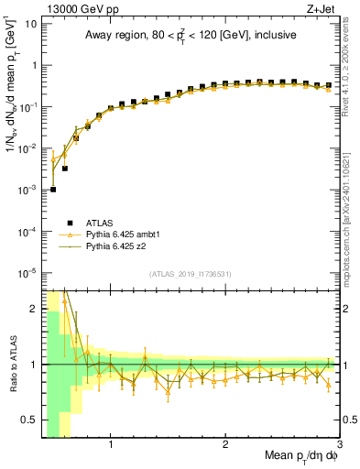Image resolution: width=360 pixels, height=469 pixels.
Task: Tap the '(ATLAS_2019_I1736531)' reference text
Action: (x=190, y=273)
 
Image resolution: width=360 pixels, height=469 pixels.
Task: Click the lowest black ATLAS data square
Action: (x=53, y=190)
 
